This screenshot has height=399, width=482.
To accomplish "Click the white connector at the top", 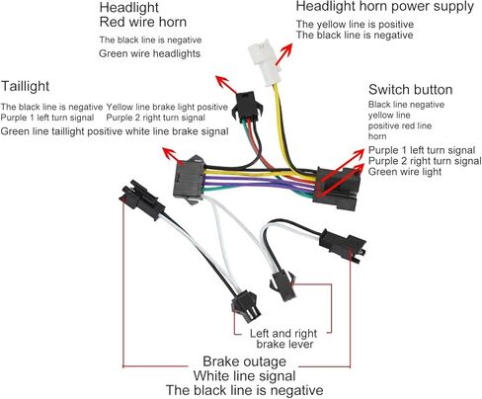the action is tap(264, 62).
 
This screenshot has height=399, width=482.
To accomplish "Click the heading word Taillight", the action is tap(25, 86).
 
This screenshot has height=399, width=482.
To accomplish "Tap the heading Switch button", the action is tap(410, 90).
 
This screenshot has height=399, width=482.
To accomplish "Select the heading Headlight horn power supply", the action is tap(385, 7).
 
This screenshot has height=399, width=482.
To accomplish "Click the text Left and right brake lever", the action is tap(283, 339).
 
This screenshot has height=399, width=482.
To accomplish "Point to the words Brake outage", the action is tap(244, 361).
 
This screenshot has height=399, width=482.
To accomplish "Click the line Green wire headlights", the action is tap(149, 53).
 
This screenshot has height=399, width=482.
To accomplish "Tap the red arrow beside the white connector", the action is tap(283, 53).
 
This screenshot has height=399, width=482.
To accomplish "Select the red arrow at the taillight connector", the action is tap(174, 156).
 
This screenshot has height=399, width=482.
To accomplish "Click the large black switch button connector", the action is tap(337, 189).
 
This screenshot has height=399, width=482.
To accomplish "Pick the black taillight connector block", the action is tap(189, 180).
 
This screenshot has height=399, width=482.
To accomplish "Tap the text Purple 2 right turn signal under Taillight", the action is tap(155, 118).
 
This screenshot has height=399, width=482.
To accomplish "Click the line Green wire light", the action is tap(405, 172).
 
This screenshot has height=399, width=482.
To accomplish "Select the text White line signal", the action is tap(244, 376).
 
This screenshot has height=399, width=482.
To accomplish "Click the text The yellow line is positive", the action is tap(355, 25).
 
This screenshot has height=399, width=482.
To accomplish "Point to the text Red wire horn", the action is tap(143, 22).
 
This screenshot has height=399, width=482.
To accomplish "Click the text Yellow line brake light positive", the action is tap(167, 107).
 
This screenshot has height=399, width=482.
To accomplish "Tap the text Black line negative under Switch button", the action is tap(406, 105).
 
